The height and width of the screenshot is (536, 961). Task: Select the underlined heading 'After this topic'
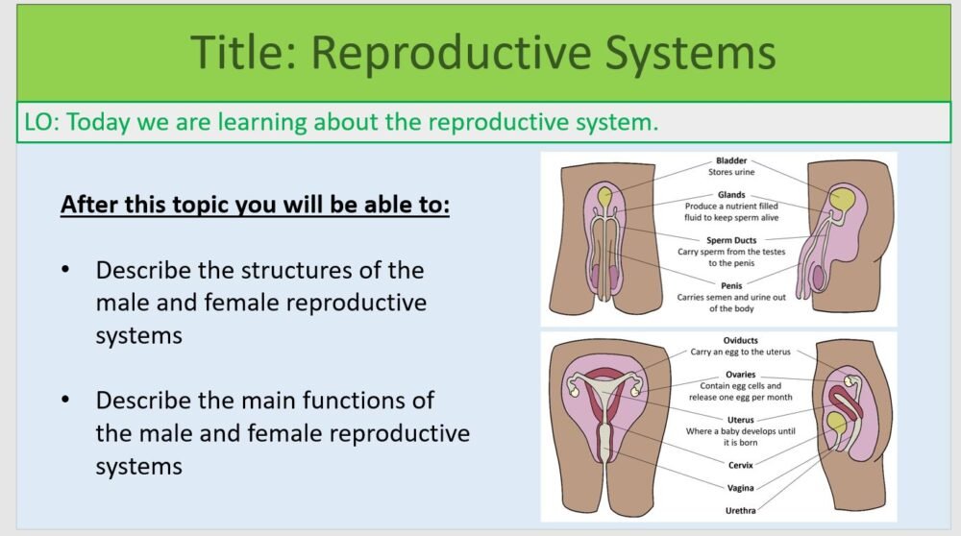[x=255, y=206]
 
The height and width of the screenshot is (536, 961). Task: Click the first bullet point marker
[x=65, y=269]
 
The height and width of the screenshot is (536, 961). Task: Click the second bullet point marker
[x=65, y=399]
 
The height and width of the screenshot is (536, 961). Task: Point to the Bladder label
[x=730, y=160]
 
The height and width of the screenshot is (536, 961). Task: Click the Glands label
[x=730, y=194]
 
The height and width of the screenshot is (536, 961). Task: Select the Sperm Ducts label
[x=731, y=239]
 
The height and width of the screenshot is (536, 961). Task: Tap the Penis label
[x=731, y=285]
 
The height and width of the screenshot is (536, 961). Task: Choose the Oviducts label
[x=740, y=340]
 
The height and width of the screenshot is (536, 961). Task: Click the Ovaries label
[x=740, y=374]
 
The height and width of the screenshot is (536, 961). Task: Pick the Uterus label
[x=740, y=420]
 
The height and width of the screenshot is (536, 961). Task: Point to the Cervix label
[x=740, y=465]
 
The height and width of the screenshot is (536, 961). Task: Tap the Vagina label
[x=740, y=488]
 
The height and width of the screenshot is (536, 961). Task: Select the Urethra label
[x=740, y=510]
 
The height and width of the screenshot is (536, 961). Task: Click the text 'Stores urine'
[x=731, y=172]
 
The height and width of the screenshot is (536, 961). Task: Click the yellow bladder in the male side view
[x=844, y=200]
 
